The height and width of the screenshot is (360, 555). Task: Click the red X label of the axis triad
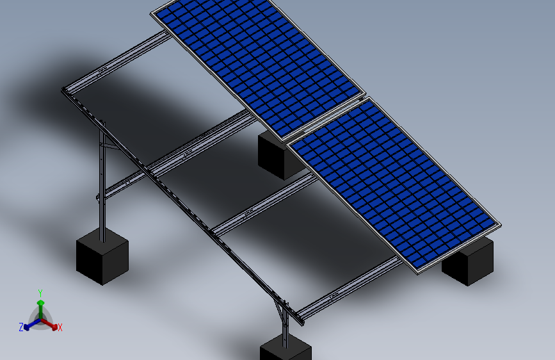point(60,327)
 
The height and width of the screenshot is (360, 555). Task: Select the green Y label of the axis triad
point(40,292)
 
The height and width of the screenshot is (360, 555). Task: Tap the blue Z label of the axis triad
point(21,327)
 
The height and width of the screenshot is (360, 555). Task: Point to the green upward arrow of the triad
point(40,304)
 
